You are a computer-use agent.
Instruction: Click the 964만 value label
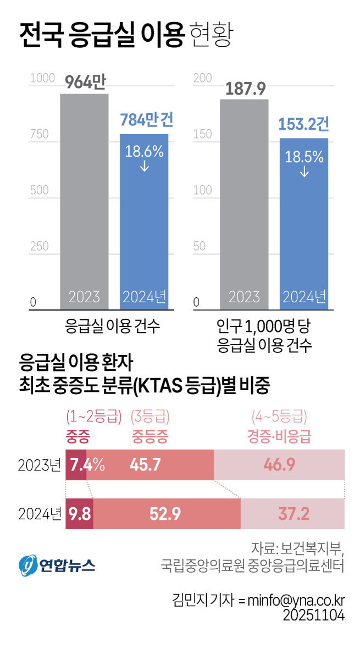pos(84,83)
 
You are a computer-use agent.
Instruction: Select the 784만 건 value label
pos(146,120)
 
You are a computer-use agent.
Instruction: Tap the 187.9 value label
pos(244,88)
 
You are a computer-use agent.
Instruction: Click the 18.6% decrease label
pos(144,152)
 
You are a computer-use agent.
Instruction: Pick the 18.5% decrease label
pos(303,157)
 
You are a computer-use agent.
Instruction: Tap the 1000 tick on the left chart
pos(42,78)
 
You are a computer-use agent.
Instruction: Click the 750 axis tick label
pos(39,135)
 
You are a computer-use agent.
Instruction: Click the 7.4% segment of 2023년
pos(76,464)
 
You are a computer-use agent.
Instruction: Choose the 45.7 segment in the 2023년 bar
pos(145,464)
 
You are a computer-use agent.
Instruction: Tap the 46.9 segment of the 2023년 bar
pos(279,464)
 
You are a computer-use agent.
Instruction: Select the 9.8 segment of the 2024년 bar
pos(80,514)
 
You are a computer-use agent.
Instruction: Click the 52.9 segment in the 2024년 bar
pos(165,514)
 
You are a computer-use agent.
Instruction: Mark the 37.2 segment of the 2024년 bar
pos(292,514)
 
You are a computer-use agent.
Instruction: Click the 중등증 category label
pos(149,436)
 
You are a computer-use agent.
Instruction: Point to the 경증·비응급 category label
pos(279,436)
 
